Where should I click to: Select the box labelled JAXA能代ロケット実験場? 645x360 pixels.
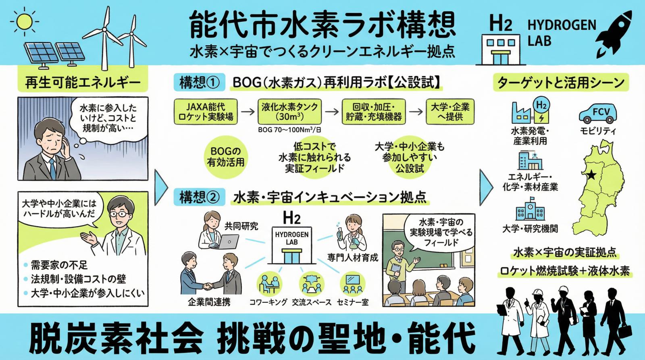[x=206, y=112]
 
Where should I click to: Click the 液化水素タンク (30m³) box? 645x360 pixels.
[x=289, y=112]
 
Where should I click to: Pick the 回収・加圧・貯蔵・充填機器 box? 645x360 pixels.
[x=373, y=112]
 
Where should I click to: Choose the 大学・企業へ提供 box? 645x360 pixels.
[x=450, y=112]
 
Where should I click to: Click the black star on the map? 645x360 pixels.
[x=591, y=175]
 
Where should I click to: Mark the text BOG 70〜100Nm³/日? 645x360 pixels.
[x=289, y=130]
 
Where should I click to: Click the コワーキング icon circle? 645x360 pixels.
[x=268, y=284]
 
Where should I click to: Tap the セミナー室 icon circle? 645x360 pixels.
[x=352, y=284]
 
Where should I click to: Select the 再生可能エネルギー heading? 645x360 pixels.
[x=83, y=83]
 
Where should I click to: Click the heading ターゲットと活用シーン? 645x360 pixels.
[x=560, y=83]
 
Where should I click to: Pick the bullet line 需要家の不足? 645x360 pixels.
[x=59, y=265]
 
